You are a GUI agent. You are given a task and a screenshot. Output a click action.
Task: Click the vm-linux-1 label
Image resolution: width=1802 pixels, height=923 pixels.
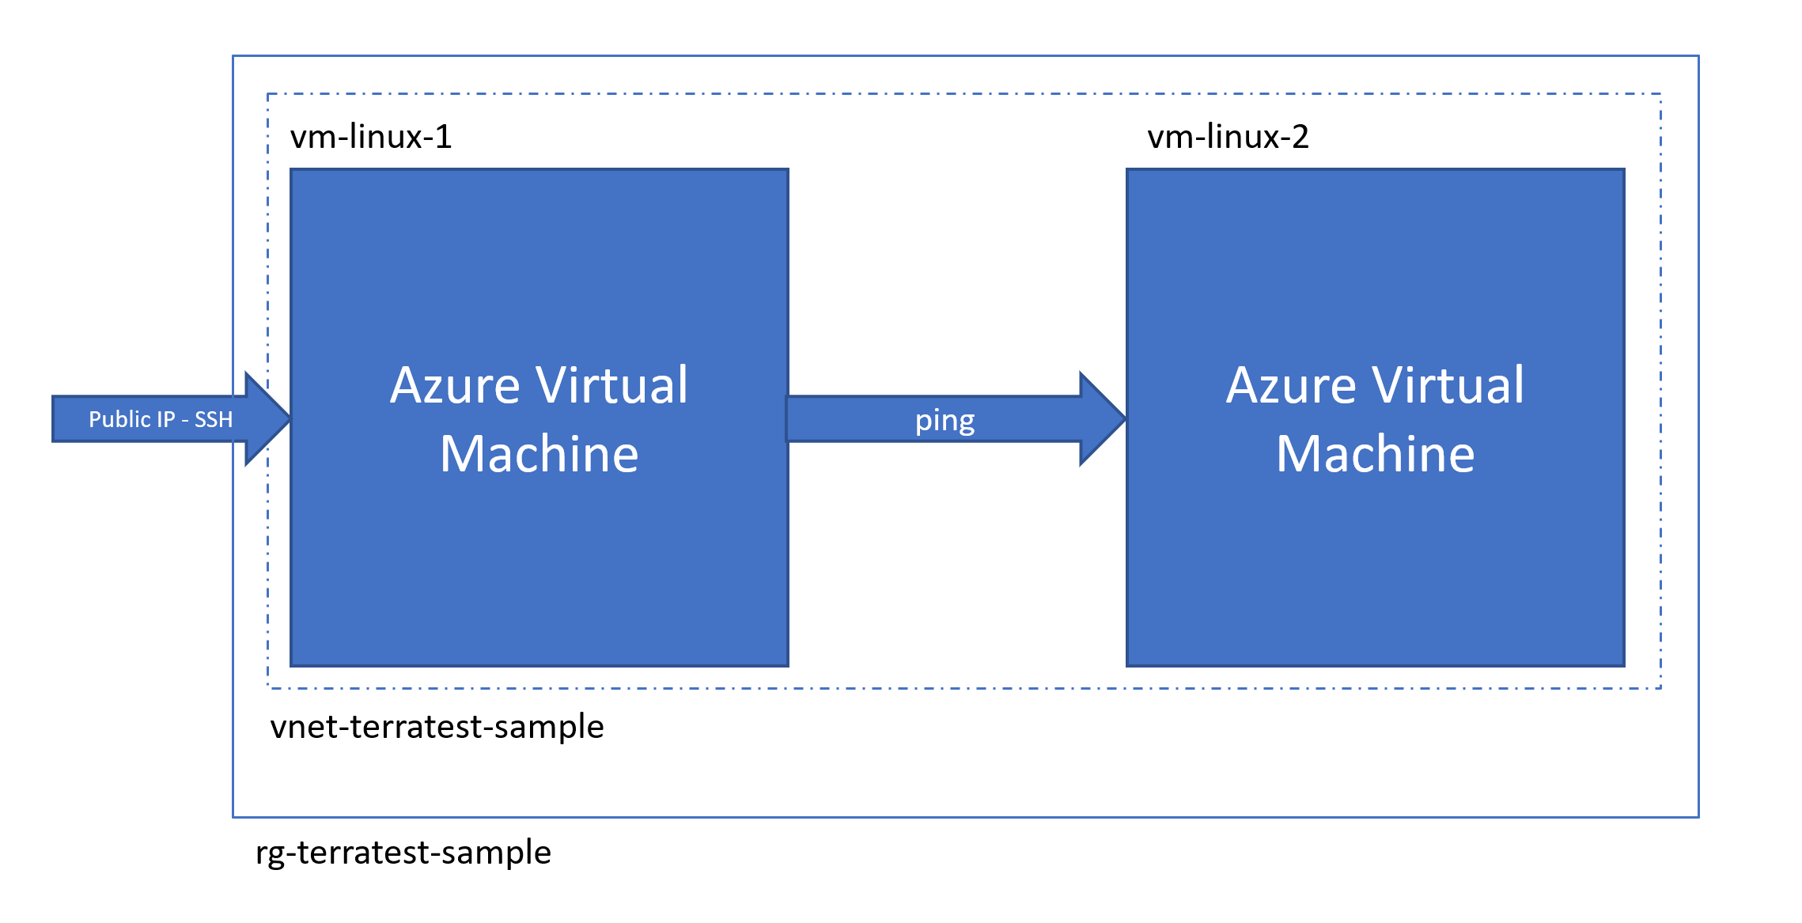(371, 137)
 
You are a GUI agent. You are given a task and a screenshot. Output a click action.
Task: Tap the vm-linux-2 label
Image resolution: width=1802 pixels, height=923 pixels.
(1228, 137)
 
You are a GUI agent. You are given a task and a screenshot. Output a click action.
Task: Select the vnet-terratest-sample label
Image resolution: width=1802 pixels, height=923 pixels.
(437, 726)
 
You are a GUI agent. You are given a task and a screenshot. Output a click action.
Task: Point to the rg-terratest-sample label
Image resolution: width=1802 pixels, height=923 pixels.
(403, 852)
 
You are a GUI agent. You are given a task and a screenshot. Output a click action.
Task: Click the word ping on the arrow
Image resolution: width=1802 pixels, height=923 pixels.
(945, 421)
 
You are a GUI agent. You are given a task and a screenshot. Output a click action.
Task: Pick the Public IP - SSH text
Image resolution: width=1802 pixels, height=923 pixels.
(161, 419)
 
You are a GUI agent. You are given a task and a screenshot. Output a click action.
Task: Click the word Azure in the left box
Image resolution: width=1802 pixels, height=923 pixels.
(454, 386)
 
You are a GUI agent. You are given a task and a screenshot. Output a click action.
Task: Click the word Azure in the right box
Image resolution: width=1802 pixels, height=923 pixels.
(1291, 386)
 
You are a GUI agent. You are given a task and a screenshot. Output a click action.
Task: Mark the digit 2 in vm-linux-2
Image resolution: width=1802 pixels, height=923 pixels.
(1300, 137)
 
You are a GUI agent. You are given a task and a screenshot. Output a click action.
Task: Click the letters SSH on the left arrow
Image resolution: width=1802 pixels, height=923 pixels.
(214, 419)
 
